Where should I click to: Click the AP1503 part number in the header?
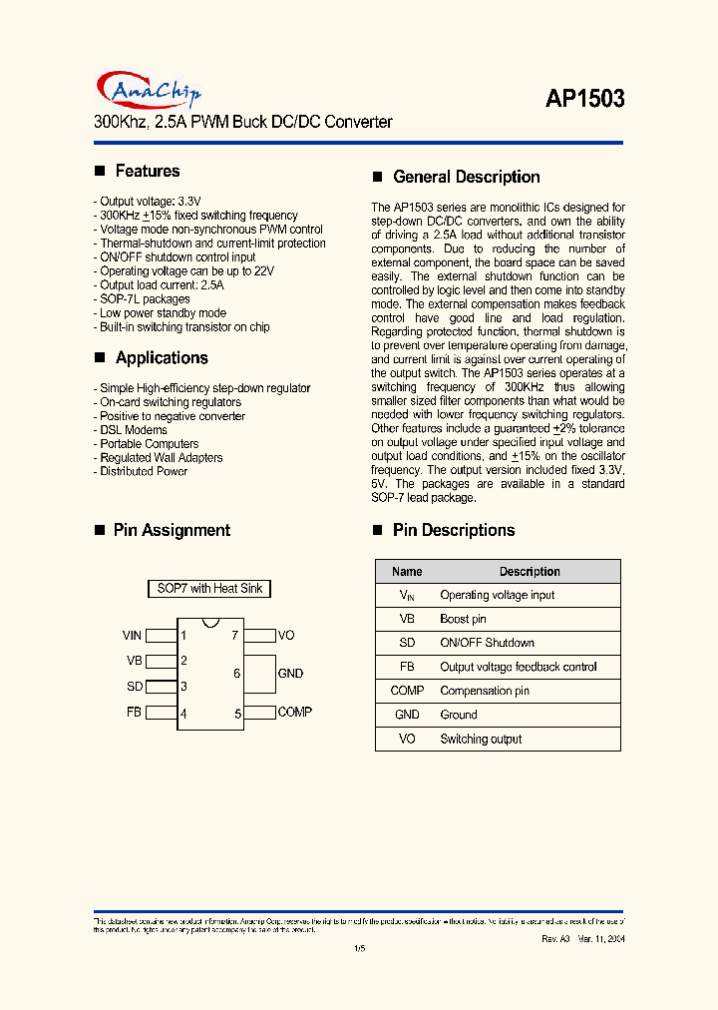click(584, 98)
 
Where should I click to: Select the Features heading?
click(147, 171)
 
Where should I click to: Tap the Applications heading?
click(162, 357)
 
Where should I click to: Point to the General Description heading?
click(466, 177)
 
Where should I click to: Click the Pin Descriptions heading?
click(453, 530)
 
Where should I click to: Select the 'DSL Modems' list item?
click(134, 430)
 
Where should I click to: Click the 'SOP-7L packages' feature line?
click(145, 298)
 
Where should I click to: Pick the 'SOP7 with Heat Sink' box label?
click(209, 589)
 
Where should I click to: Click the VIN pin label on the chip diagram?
click(132, 635)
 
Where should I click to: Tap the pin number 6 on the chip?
click(237, 674)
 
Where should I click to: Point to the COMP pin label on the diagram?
click(294, 712)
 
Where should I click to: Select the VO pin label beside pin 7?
click(286, 635)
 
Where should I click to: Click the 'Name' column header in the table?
click(407, 572)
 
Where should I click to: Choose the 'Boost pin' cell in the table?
click(463, 619)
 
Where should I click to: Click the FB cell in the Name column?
click(407, 667)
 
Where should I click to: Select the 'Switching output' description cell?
click(481, 739)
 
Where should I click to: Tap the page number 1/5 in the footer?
click(359, 949)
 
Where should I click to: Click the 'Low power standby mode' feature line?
click(163, 312)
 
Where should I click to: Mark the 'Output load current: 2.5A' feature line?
click(162, 284)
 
